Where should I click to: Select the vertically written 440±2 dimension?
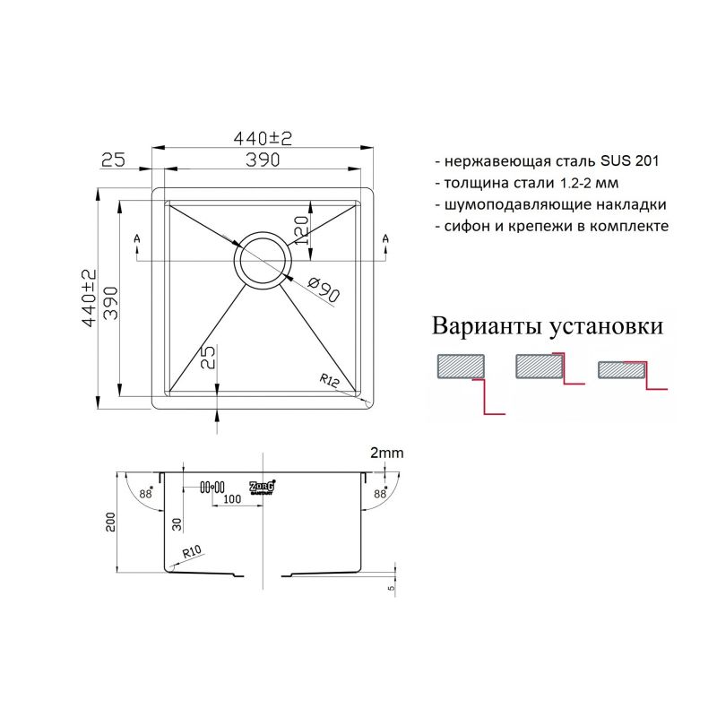pyautogui.click(x=88, y=298)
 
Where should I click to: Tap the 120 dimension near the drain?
pyautogui.click(x=302, y=229)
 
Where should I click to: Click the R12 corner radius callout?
pyautogui.click(x=328, y=380)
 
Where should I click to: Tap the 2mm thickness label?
pyautogui.click(x=386, y=454)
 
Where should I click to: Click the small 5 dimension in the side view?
pyautogui.click(x=392, y=589)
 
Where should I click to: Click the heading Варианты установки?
pyautogui.click(x=548, y=325)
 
